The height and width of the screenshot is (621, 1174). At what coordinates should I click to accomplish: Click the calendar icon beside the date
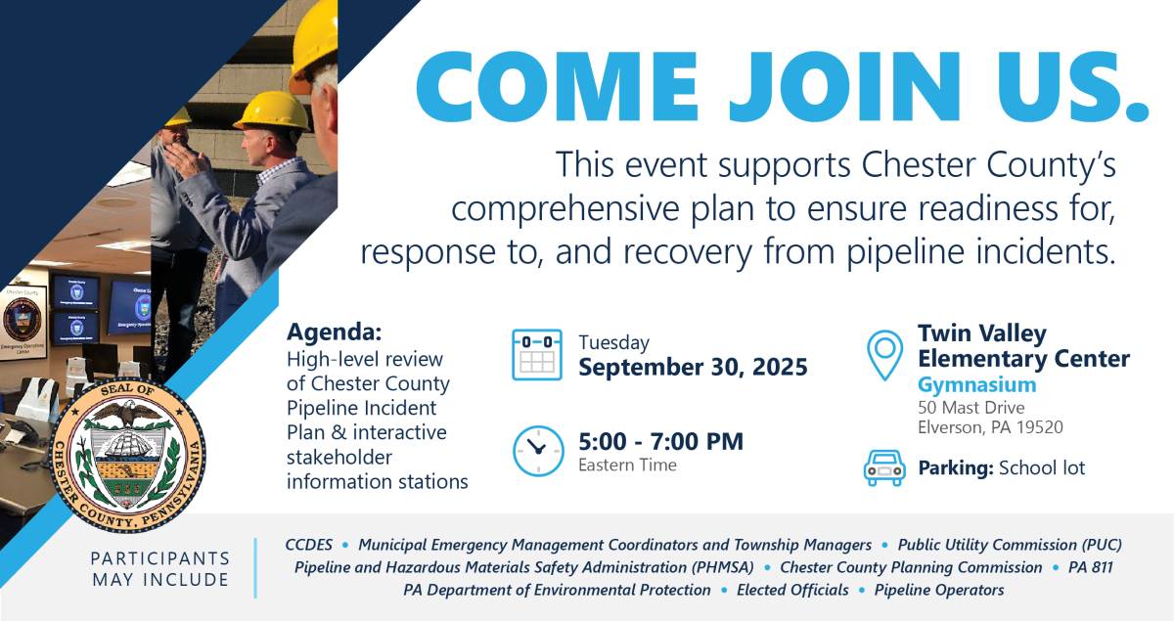537,354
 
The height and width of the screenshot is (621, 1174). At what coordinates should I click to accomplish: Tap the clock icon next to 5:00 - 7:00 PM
538,451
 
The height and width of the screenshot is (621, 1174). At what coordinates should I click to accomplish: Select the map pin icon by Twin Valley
884,355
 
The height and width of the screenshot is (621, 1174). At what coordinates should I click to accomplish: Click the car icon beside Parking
884,468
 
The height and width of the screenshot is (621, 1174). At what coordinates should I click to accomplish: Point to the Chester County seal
127,455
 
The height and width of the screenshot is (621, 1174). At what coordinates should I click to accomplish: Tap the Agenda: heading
335,332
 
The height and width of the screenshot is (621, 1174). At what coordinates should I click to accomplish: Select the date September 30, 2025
693,367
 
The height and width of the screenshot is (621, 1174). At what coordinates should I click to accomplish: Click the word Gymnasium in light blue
977,384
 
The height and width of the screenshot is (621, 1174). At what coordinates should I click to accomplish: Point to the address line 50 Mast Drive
971,407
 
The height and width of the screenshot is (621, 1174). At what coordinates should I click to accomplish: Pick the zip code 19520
1040,427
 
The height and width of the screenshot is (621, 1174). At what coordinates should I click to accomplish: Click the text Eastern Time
627,465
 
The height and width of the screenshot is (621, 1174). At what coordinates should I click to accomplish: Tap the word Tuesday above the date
613,342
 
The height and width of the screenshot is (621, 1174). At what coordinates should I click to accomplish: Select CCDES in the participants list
309,545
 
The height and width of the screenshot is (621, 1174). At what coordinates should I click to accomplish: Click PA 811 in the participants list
1090,567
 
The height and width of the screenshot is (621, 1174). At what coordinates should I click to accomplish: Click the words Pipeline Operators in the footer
939,590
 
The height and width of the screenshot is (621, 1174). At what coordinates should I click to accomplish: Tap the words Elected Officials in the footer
792,590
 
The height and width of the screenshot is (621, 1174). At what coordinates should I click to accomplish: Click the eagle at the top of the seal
127,413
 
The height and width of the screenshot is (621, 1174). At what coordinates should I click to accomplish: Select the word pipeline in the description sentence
906,252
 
